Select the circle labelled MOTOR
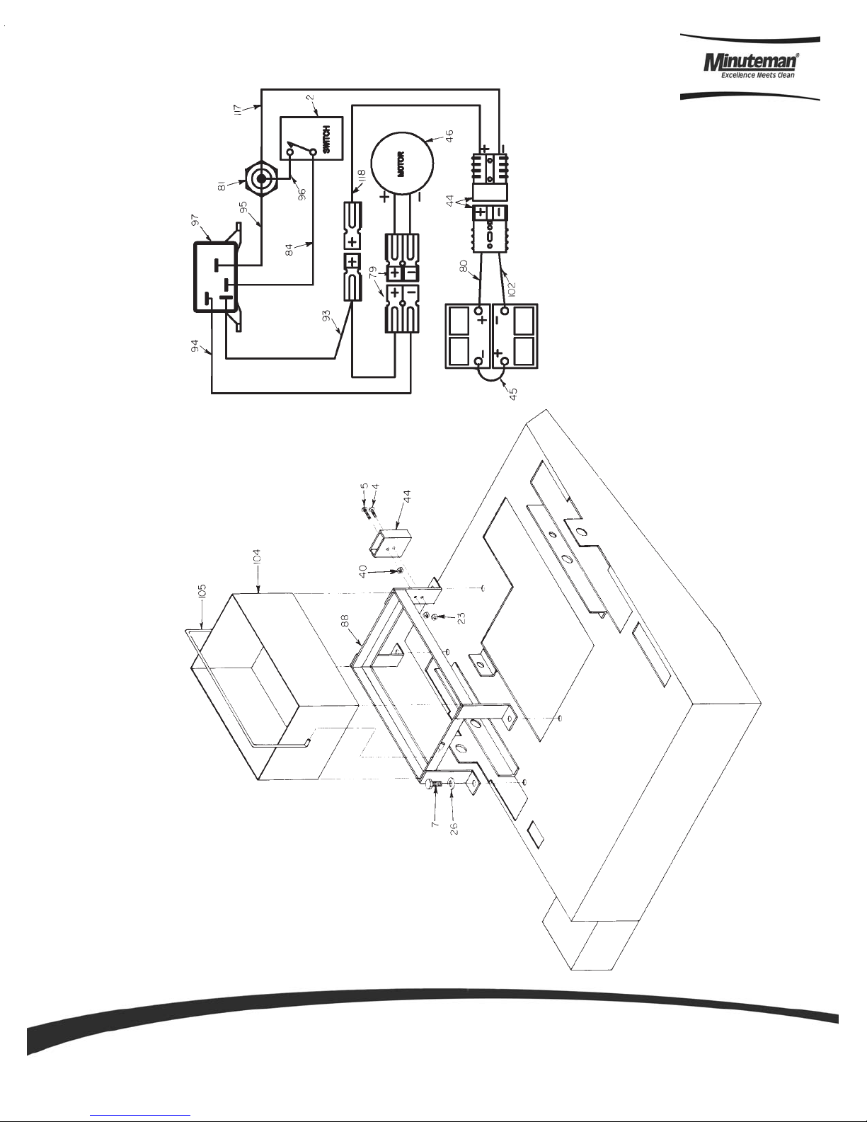pos(402,164)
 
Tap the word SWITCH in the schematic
pos(326,140)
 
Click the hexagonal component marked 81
pos(261,178)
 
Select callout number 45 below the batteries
pos(512,394)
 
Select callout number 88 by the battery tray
pos(344,621)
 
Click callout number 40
pos(363,571)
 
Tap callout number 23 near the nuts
pos(461,618)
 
